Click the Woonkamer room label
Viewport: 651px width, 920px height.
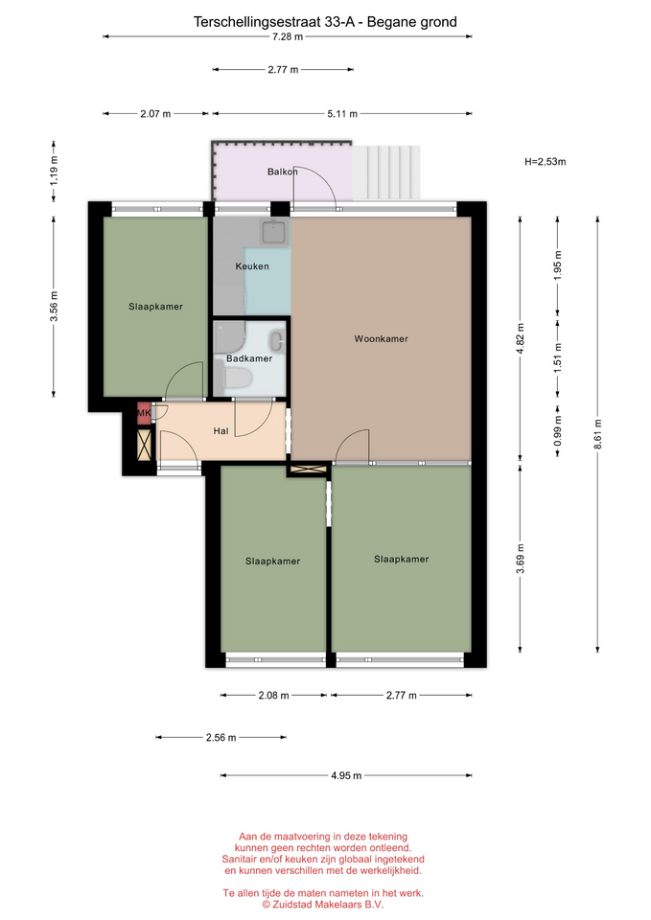pos(381,338)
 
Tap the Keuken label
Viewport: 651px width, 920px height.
pos(252,266)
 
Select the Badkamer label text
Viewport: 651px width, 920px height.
pos(249,358)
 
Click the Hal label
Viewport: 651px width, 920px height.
pos(221,431)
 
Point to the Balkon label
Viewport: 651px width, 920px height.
pos(282,172)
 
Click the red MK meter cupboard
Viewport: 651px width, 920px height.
pos(144,413)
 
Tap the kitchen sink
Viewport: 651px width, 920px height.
pos(274,232)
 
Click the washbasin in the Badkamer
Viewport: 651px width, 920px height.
pos(277,341)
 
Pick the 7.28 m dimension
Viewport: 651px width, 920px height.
pos(288,37)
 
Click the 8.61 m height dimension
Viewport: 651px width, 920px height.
pos(597,434)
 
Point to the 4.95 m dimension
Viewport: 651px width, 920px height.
pos(346,775)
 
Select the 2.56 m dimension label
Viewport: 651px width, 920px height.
pos(221,738)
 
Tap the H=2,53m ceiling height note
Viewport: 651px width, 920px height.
pos(546,162)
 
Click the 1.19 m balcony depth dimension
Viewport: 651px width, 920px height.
pos(54,172)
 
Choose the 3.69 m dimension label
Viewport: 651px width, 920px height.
pos(520,559)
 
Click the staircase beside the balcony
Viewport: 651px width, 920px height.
pos(386,172)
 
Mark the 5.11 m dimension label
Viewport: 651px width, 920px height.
pos(342,114)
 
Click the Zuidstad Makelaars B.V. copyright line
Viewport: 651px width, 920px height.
pos(323,905)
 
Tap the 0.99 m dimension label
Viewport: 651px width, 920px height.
pos(558,430)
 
